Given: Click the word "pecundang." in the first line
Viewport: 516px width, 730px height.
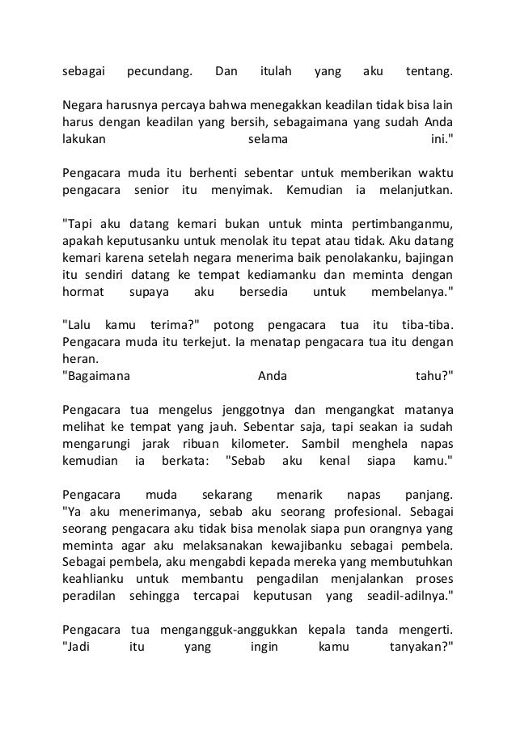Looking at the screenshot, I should click(160, 74).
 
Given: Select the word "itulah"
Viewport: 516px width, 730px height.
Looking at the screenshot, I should click(278, 74).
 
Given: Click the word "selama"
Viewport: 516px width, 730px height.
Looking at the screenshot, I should click(265, 139).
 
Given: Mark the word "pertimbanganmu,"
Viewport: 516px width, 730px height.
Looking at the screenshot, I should click(394, 224).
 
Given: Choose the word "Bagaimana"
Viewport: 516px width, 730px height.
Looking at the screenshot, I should click(97, 374).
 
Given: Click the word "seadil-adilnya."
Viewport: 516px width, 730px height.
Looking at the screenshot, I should click(400, 595).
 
